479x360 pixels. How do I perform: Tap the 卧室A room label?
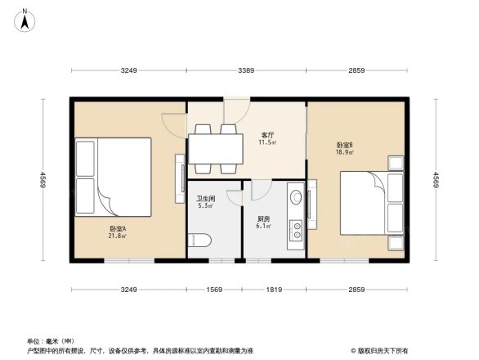tap(118, 228)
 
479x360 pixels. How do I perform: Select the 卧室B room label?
tap(344, 144)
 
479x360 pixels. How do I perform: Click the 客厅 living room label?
tap(267, 134)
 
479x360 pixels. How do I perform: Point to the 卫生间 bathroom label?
tap(205, 198)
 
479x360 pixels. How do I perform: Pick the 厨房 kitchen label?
tap(263, 218)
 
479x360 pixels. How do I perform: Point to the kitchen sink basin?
tap(296, 197)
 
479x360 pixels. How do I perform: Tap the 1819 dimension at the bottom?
tap(274, 290)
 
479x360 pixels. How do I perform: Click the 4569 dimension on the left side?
tap(36, 178)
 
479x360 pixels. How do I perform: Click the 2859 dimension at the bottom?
tap(356, 290)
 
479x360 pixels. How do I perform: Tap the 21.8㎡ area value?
tap(118, 236)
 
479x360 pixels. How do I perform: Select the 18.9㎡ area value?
tap(344, 152)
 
